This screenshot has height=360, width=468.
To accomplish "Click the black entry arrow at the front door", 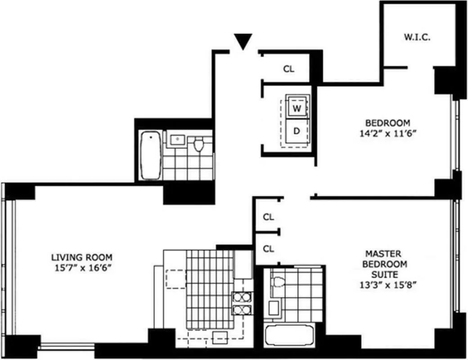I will click(243, 42).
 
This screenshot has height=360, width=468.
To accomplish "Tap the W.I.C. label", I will click(417, 37).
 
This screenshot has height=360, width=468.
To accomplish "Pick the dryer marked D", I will click(297, 131).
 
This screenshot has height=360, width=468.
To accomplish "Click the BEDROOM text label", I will click(387, 122).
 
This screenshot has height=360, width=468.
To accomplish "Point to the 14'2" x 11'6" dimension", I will click(387, 134).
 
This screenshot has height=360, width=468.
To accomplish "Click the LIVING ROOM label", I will click(81, 257).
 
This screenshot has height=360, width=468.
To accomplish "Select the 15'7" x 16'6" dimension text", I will click(81, 268).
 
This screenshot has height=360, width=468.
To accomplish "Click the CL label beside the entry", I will click(288, 69).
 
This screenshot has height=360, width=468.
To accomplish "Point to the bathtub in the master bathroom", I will click(289, 336).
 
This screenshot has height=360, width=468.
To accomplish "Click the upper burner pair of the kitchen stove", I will click(243, 297).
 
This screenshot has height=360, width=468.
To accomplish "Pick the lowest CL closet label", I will click(269, 248).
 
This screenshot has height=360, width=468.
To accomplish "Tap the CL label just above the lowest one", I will click(269, 217).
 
